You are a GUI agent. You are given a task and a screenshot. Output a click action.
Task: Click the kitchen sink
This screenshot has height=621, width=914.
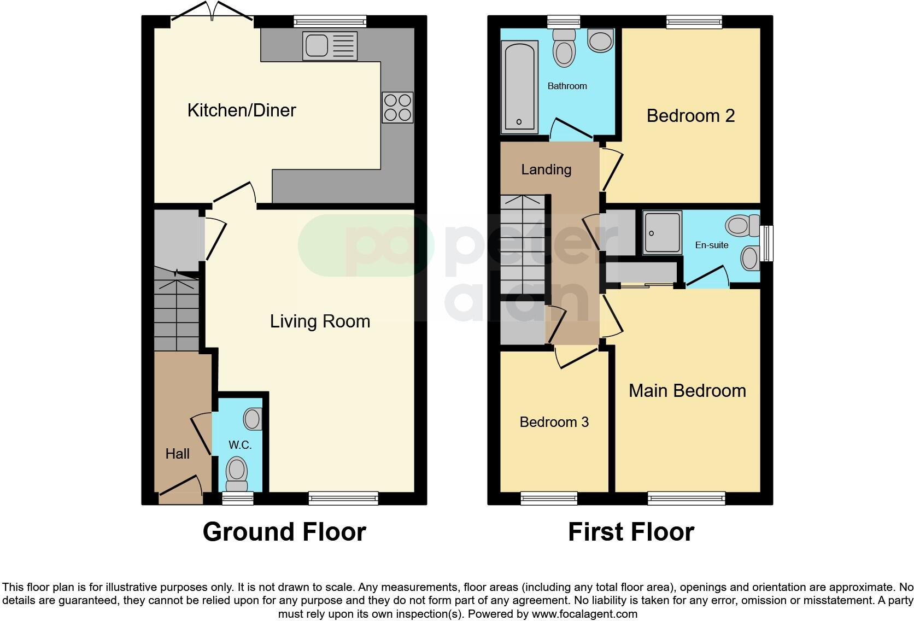click(330, 46)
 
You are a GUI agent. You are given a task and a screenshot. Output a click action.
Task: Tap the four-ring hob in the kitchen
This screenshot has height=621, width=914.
click(397, 108)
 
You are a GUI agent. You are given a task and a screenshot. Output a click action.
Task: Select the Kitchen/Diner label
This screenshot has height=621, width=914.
click(242, 110)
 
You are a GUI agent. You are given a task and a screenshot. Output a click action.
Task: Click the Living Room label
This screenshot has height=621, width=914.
click(320, 321)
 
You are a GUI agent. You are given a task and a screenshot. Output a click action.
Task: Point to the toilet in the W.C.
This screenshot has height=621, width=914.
click(237, 474)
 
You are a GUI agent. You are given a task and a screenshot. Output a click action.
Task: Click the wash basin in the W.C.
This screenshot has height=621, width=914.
click(253, 419)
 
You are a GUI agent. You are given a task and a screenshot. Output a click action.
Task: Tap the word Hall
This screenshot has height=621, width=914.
click(178, 454)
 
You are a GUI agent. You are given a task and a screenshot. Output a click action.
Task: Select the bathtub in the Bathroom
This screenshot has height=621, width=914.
click(519, 87)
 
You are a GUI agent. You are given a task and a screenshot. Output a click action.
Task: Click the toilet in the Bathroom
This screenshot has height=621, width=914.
click(564, 48)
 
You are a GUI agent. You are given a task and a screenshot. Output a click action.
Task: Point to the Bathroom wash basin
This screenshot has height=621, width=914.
click(601, 40)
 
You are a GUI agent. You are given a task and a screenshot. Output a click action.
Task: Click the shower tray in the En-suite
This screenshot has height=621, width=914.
click(662, 232)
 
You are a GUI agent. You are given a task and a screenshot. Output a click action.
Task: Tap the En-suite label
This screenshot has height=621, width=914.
click(712, 245)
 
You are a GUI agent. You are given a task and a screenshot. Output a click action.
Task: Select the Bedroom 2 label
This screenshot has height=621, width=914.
click(691, 116)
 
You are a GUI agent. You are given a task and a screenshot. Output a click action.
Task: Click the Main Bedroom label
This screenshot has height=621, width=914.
click(688, 391)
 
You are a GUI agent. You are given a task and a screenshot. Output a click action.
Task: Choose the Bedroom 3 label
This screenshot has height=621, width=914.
click(554, 422)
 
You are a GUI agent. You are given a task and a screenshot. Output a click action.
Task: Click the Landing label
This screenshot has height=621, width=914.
click(546, 169)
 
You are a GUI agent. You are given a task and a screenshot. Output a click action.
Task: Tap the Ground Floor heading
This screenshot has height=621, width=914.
click(284, 532)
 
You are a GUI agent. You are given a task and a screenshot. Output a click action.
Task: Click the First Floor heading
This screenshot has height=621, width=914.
click(631, 532)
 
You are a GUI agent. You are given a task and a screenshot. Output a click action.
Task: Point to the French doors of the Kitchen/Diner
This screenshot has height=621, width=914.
click(212, 12)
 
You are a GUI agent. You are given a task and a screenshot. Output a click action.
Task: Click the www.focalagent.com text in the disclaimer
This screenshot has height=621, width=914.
click(584, 614)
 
